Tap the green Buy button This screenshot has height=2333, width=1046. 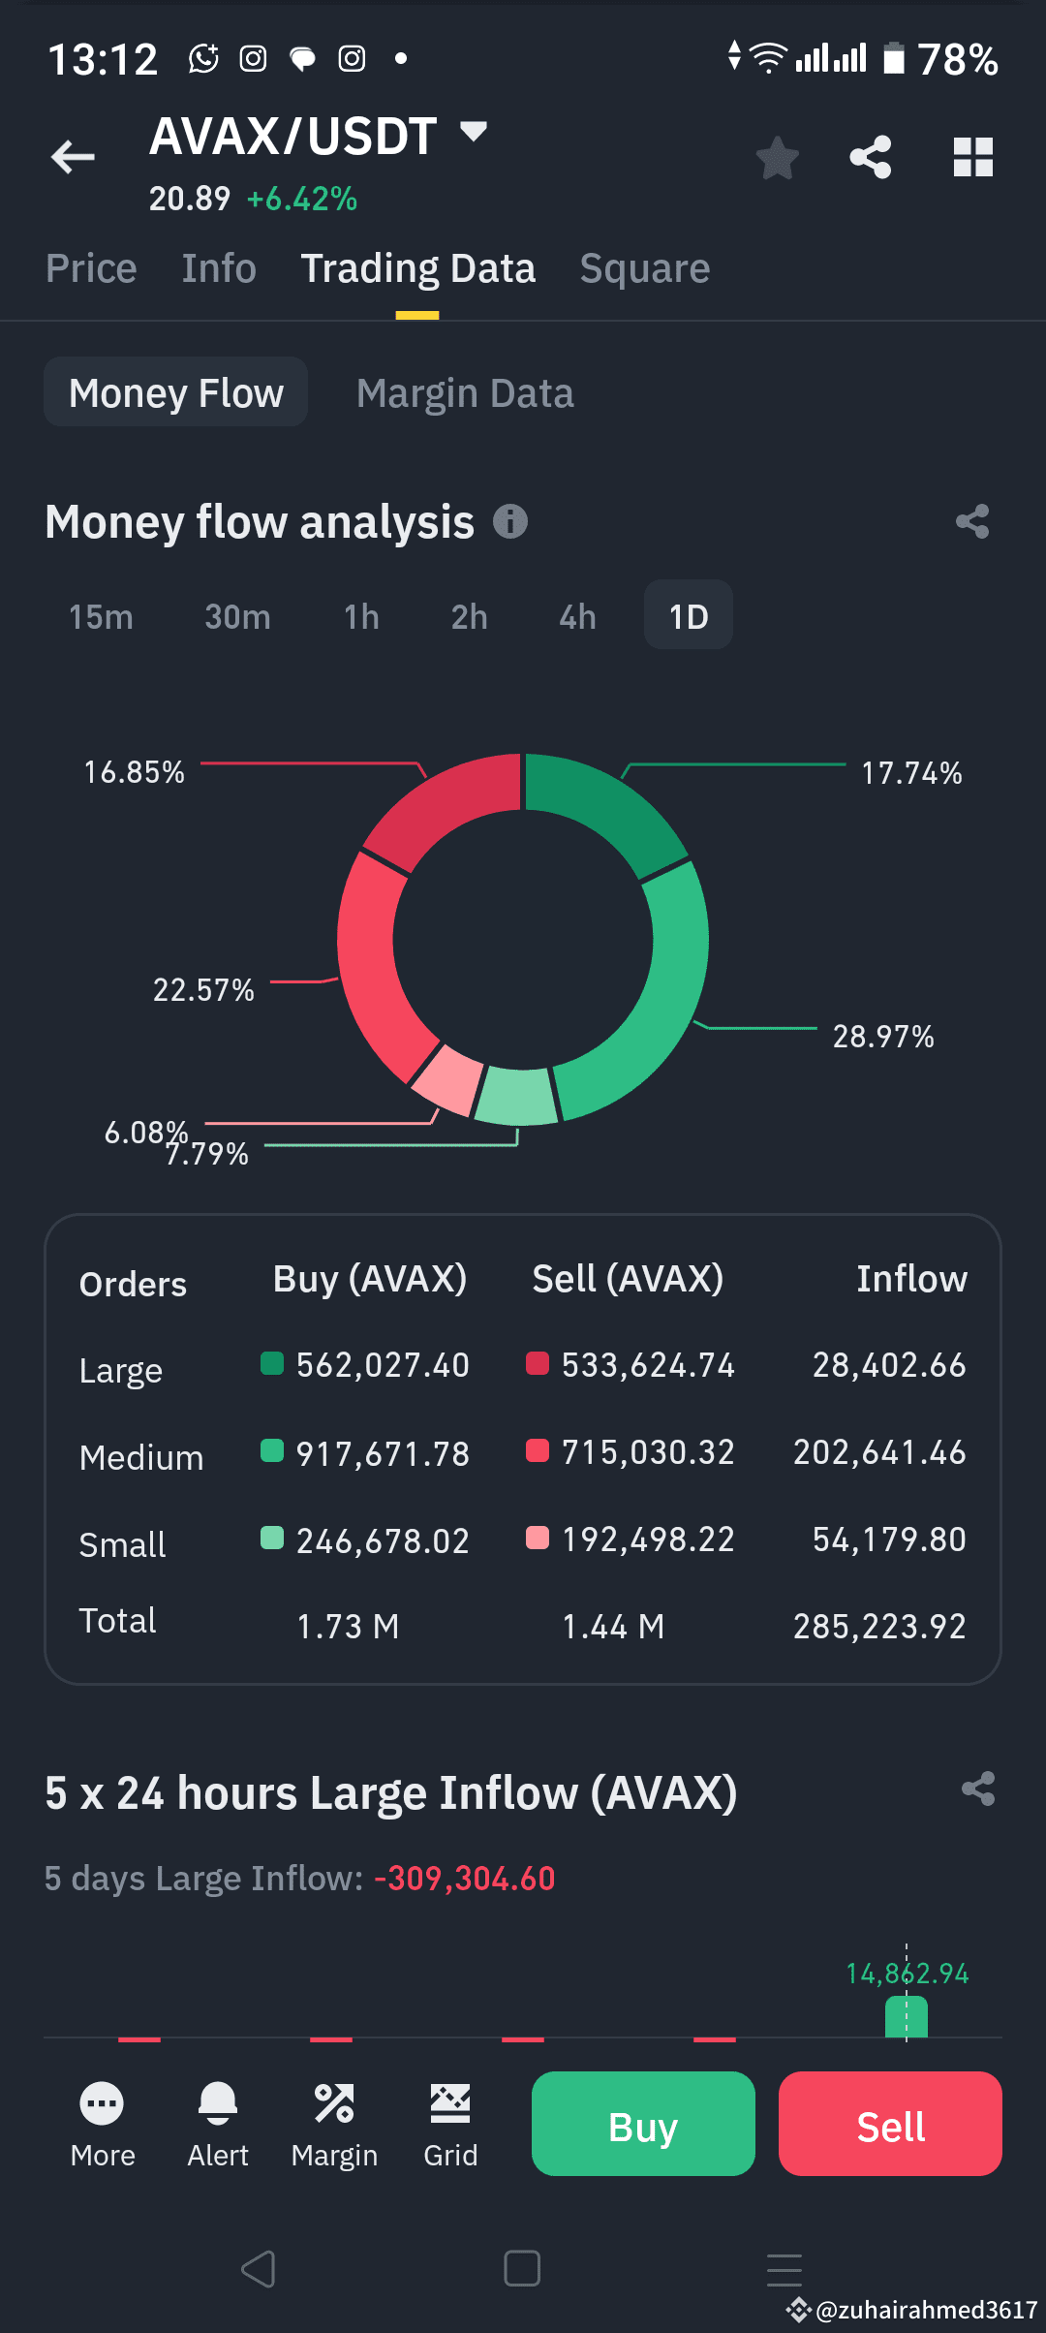click(x=643, y=2124)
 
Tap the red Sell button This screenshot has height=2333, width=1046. click(x=890, y=2124)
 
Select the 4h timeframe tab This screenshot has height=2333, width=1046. click(x=577, y=616)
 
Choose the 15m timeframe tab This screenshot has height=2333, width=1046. click(x=101, y=616)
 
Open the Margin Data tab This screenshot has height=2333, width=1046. click(x=465, y=393)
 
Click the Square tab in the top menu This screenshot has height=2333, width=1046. click(x=644, y=268)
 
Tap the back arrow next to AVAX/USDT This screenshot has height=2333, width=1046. click(x=74, y=156)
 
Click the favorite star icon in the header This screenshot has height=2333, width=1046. click(x=777, y=157)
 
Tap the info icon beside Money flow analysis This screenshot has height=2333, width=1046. click(x=510, y=521)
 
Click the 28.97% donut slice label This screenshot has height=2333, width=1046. click(x=882, y=1036)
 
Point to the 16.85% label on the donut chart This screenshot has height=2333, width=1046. click(x=134, y=772)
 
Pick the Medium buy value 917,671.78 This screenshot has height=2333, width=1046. click(x=382, y=1453)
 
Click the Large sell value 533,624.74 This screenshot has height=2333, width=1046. click(x=647, y=1365)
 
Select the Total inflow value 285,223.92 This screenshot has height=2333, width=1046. click(x=878, y=1626)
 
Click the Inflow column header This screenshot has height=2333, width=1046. click(x=910, y=1279)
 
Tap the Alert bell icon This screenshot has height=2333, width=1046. click(x=218, y=2102)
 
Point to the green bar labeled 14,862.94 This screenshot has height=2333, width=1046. click(x=907, y=2018)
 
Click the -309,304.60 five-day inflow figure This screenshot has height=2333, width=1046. click(x=465, y=1879)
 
